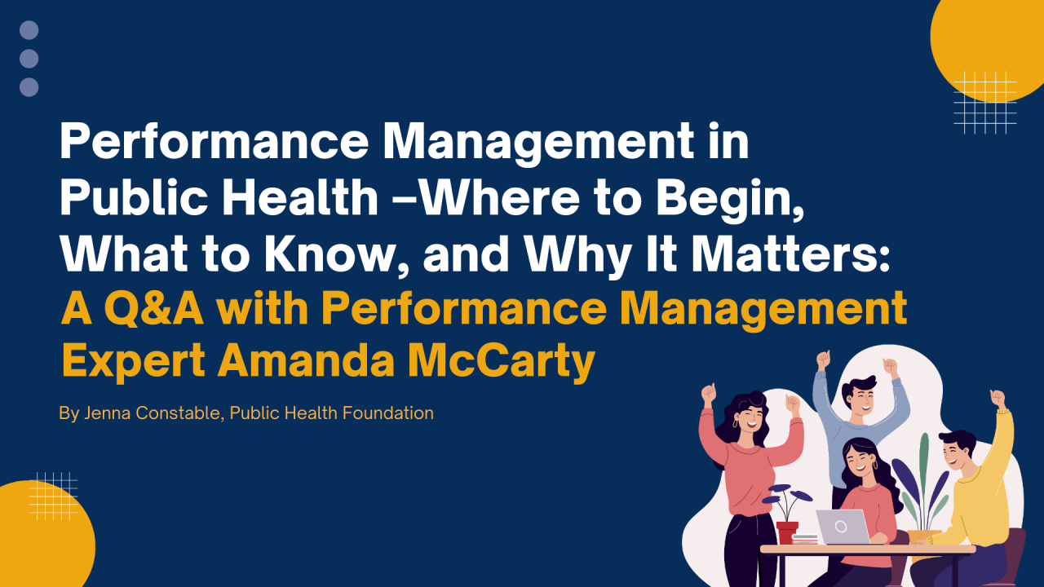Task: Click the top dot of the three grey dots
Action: point(29,31)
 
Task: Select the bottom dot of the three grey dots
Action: point(29,87)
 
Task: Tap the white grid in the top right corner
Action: point(984,102)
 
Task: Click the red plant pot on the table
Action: point(787,532)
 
